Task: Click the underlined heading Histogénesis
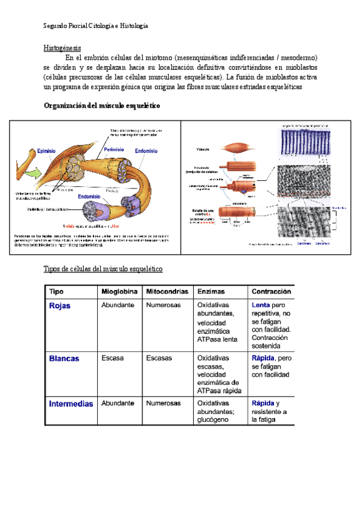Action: coord(62,48)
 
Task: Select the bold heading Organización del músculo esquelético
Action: coord(102,105)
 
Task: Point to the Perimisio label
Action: coord(114,149)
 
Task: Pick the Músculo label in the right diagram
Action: coord(203,148)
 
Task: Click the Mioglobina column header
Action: coord(119,291)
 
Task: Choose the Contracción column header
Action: coord(271,291)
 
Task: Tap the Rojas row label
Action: coord(60,306)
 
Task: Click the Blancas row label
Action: coord(64,358)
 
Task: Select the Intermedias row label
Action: coord(71,404)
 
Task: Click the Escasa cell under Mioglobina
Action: coord(112,358)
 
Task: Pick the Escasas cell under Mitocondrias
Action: coord(159,358)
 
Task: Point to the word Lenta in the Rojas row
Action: coord(261,306)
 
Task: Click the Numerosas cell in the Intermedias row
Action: coord(163,403)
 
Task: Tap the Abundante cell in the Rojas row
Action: coord(118,306)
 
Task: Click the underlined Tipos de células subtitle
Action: coord(103,268)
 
